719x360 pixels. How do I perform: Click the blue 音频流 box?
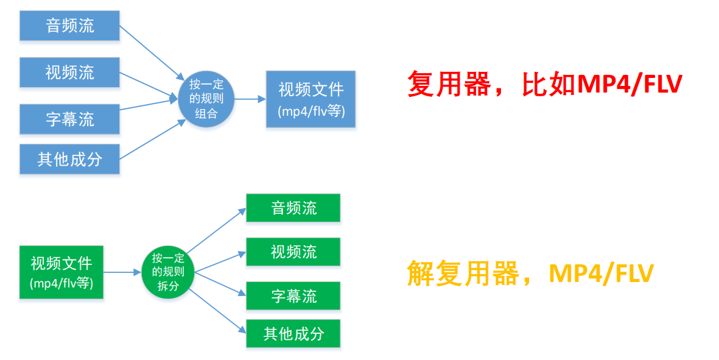point(69,26)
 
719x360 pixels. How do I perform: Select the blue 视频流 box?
point(69,72)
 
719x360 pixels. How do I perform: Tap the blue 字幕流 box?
point(69,118)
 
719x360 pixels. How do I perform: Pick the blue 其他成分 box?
point(69,160)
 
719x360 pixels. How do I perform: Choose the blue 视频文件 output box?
point(310,99)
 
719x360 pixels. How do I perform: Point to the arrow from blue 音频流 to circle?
point(151,52)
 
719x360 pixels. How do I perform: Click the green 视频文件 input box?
point(61,272)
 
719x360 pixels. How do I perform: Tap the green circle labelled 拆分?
point(167,272)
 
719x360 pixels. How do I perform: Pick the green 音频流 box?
point(293,208)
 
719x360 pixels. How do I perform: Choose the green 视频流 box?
point(293,252)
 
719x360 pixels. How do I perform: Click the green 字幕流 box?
point(293,296)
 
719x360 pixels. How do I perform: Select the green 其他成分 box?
point(293,333)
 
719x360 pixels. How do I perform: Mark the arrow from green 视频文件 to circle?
point(122,272)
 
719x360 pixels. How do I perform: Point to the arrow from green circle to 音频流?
point(216,230)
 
